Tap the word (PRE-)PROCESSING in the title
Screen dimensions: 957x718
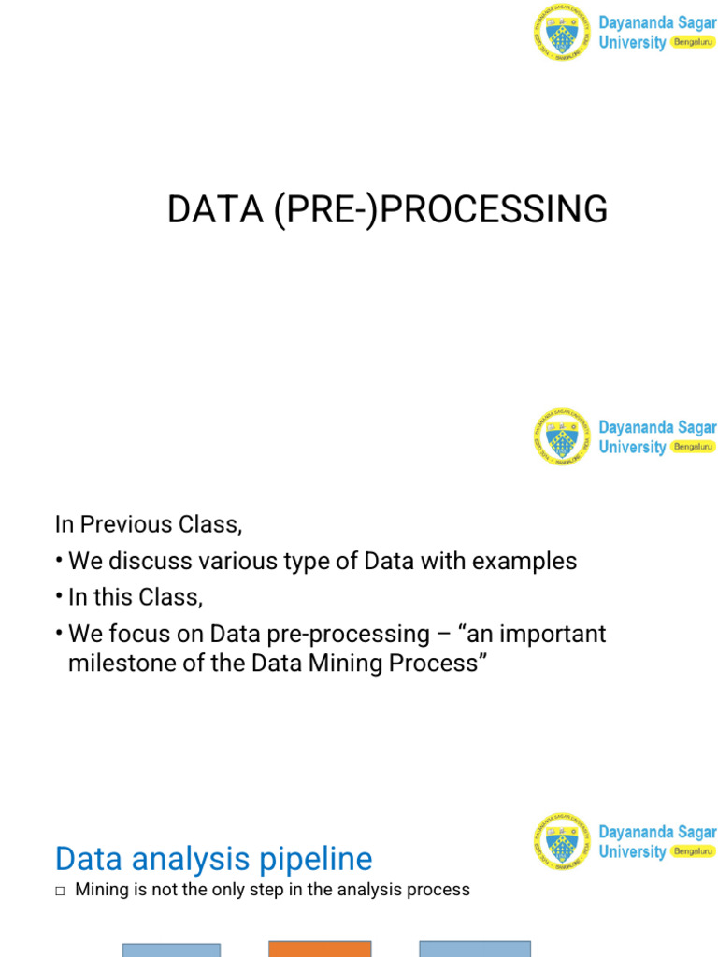441,209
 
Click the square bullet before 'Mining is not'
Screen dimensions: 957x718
60,891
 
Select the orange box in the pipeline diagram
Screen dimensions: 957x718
320,949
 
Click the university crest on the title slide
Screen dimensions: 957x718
562,33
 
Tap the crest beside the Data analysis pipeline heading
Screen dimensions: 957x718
562,842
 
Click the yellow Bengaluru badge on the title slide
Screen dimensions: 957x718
693,43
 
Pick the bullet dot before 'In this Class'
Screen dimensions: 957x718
60,597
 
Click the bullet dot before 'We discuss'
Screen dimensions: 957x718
60,561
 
